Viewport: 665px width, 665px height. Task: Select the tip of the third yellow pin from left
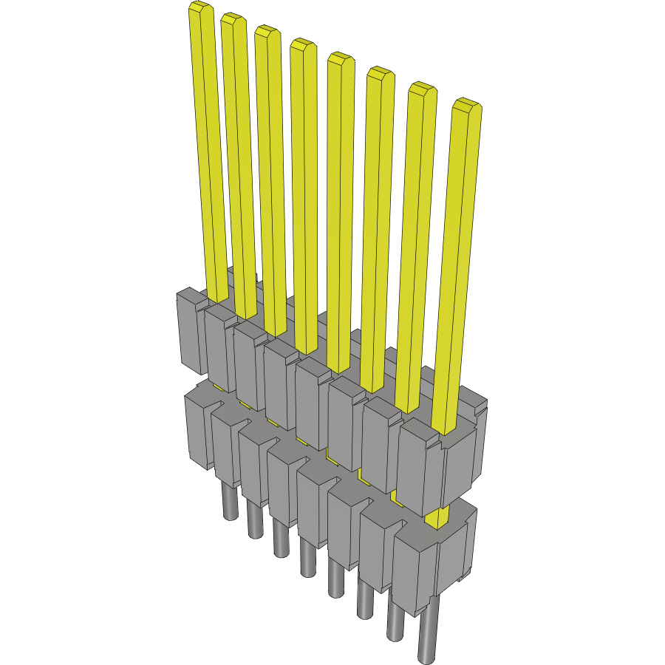point(266,33)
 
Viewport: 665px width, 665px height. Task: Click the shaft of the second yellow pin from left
point(240,163)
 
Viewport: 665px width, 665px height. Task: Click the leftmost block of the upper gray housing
point(190,332)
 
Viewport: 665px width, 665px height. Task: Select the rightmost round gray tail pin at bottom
point(427,635)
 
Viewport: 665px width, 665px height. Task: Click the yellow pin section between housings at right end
point(439,516)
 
